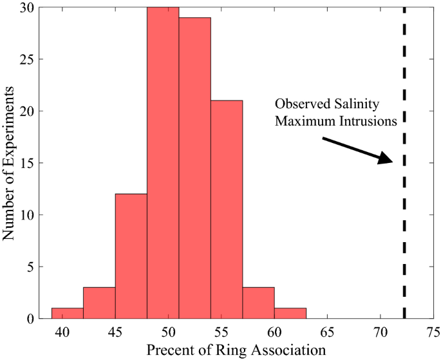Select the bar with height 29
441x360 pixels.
(194, 167)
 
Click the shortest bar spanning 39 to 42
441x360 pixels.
(68, 313)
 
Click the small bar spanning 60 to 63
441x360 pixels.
(290, 313)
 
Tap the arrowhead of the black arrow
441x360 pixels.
(388, 160)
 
